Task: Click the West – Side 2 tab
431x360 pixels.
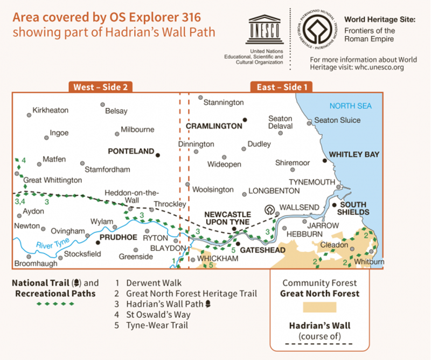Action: (x=101, y=87)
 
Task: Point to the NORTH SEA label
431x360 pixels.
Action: (x=351, y=106)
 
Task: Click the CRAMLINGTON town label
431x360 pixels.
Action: (x=214, y=126)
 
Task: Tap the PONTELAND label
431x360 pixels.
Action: (x=131, y=151)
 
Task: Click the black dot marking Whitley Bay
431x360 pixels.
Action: (x=324, y=160)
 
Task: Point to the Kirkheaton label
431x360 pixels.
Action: (x=51, y=110)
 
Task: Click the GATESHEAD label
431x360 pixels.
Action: (x=262, y=251)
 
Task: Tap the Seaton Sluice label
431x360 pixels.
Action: (x=337, y=120)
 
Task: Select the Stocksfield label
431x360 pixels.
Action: (x=82, y=254)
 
